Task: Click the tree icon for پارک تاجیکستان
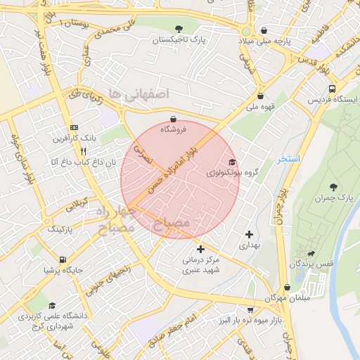point(179,30)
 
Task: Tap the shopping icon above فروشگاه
point(174,119)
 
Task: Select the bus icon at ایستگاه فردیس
point(332,89)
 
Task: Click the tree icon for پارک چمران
point(333,188)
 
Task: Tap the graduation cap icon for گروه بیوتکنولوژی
point(232,162)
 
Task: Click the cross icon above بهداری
point(250,234)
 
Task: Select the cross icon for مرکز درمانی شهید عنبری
point(201,249)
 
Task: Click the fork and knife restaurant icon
point(83,150)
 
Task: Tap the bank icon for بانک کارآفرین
point(74,127)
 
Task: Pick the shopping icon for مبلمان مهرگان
point(288,287)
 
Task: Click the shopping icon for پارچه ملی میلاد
point(264,30)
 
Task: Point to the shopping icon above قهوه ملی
point(261,96)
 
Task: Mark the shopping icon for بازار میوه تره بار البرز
point(249,310)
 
